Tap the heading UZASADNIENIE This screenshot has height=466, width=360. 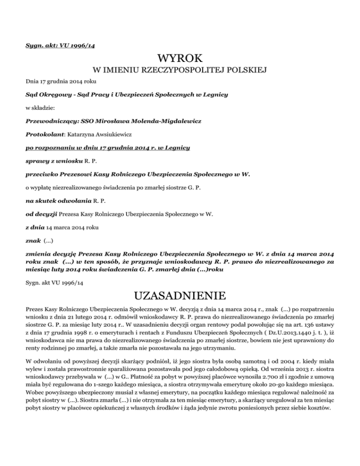180,296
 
